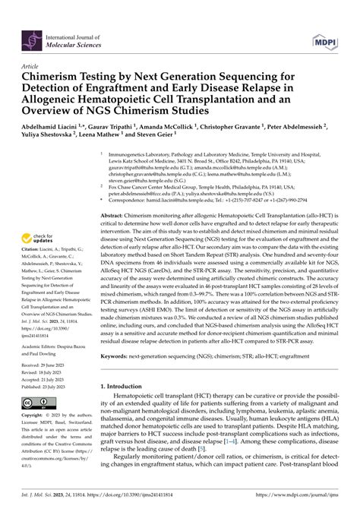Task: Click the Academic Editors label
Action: click(45, 341)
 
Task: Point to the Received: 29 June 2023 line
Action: click(47, 364)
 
